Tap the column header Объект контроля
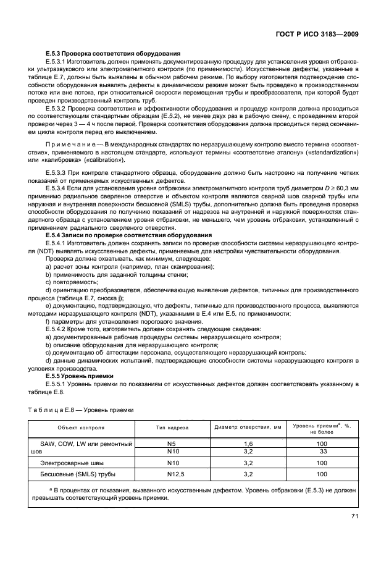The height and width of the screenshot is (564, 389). coord(81,427)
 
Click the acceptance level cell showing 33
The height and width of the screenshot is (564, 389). coord(322,452)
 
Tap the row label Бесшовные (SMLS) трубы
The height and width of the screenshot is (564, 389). coord(77,474)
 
